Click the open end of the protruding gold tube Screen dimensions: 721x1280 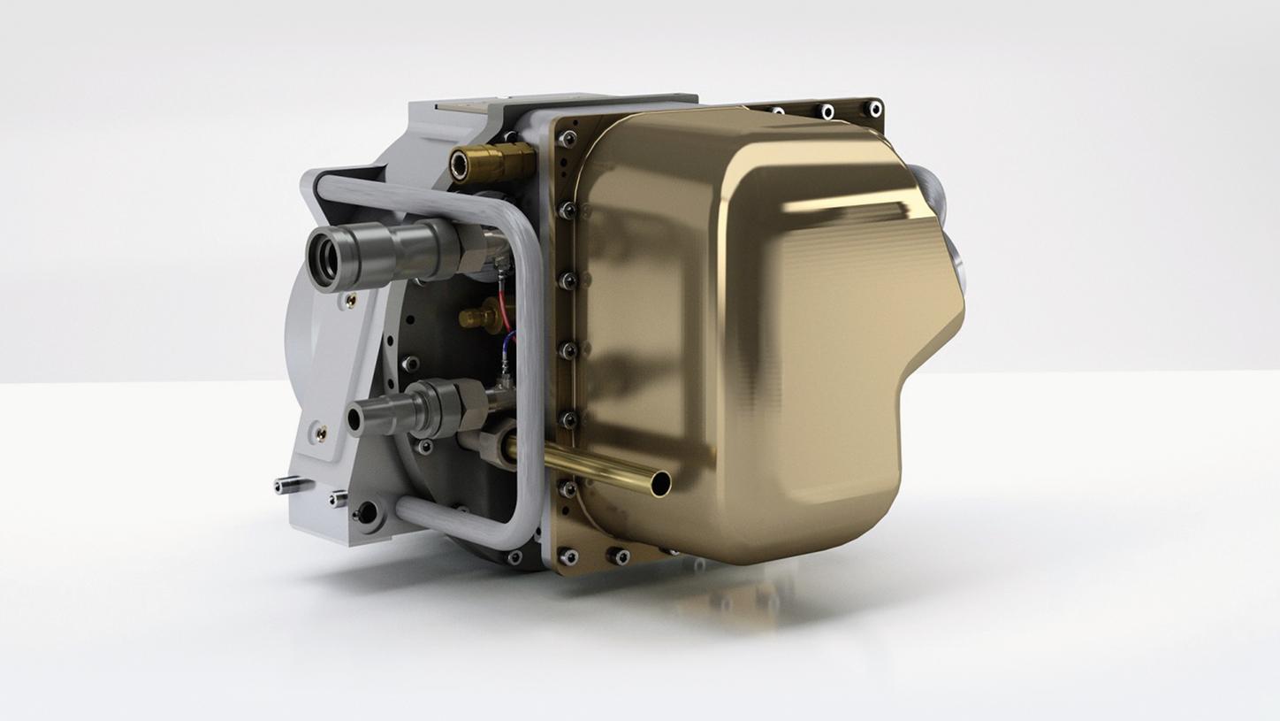(x=659, y=483)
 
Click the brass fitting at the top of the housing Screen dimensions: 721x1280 (x=491, y=163)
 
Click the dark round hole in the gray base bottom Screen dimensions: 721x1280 (x=366, y=512)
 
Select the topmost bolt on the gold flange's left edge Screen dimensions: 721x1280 (x=567, y=138)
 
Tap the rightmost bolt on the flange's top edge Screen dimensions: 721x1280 (x=874, y=109)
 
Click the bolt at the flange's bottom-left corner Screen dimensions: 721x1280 (x=567, y=556)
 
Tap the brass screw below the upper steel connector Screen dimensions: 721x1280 (x=350, y=302)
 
